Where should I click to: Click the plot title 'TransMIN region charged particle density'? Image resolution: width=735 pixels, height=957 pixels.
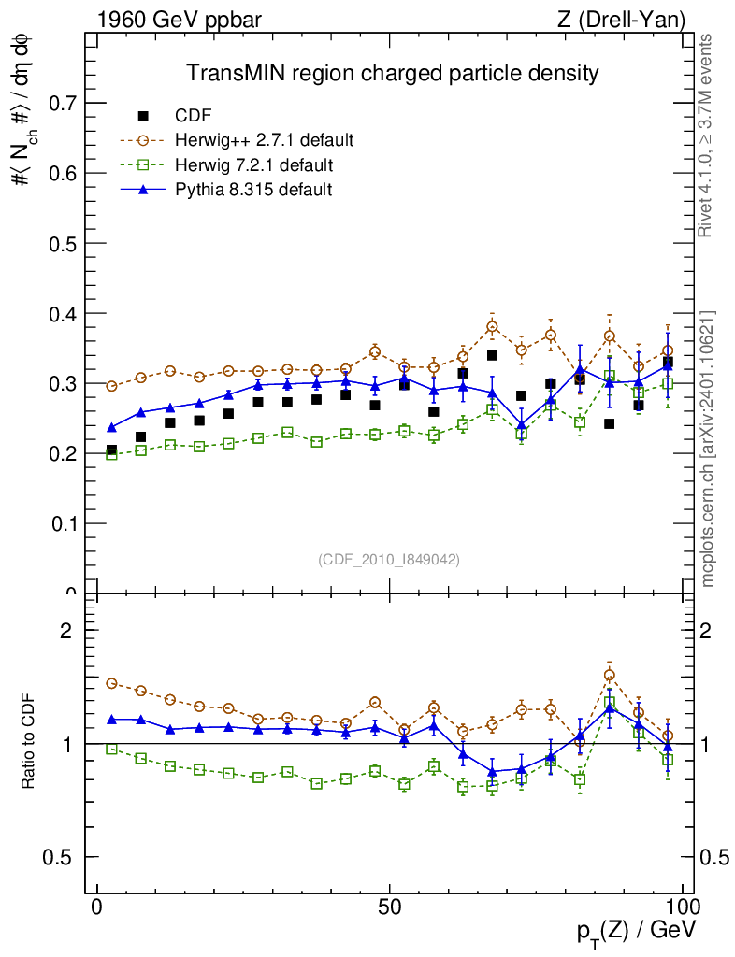click(x=391, y=73)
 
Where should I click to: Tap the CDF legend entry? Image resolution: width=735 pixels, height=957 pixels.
click(x=194, y=116)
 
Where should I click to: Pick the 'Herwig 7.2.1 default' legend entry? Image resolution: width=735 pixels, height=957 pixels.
click(x=254, y=164)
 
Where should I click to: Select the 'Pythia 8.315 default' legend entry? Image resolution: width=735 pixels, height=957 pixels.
click(x=253, y=190)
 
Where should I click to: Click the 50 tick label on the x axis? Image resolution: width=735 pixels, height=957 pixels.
click(x=390, y=907)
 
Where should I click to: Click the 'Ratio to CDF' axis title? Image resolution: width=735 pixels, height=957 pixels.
click(x=27, y=743)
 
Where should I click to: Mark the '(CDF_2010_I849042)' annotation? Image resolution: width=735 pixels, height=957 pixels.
click(x=389, y=559)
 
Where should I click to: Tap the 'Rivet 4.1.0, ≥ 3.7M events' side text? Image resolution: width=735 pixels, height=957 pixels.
click(x=707, y=136)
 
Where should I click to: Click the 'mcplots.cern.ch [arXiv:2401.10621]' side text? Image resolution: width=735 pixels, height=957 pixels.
click(x=708, y=449)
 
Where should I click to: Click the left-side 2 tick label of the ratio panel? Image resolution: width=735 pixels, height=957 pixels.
click(x=66, y=630)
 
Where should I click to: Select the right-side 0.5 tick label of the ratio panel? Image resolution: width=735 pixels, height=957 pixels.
click(x=715, y=857)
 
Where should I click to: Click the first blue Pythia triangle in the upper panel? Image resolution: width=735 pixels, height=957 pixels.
click(x=112, y=427)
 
